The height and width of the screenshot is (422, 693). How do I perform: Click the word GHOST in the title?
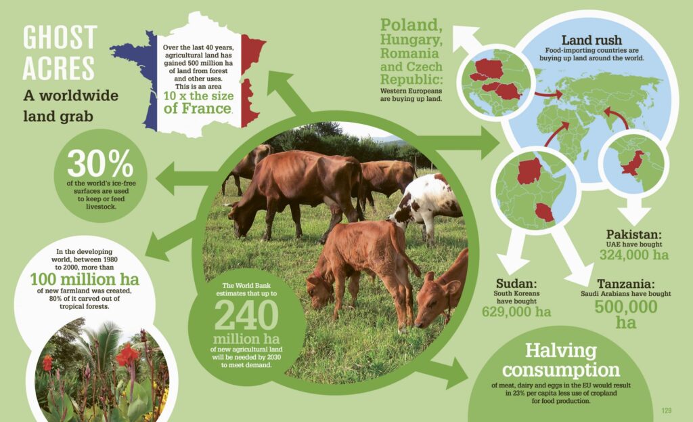[x=60, y=37]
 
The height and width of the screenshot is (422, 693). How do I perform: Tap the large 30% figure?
[x=100, y=164]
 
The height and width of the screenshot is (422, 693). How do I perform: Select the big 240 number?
[x=246, y=316]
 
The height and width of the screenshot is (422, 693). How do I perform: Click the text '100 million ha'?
[x=85, y=280]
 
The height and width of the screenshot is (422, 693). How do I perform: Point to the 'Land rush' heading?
[x=591, y=40]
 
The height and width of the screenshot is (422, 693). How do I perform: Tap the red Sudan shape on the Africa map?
[x=529, y=171]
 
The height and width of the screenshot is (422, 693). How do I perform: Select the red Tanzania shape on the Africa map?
[x=545, y=212]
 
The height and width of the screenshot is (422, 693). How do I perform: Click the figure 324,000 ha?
[x=633, y=255]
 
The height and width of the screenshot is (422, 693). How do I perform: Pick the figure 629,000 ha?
[x=516, y=312]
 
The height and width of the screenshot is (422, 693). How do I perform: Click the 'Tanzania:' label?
[x=626, y=284]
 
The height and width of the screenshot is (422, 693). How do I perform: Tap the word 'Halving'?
[x=561, y=351]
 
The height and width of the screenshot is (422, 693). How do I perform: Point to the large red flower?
[x=127, y=355]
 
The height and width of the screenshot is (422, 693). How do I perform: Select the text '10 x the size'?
[x=198, y=96]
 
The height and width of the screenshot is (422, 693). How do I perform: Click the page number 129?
[x=667, y=410]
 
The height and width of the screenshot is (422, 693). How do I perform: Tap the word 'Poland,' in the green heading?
[x=411, y=25]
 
